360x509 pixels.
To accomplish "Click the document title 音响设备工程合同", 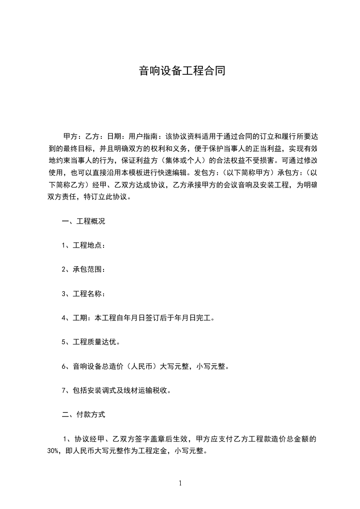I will click(x=182, y=71).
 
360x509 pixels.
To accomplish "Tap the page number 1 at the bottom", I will click(x=180, y=483).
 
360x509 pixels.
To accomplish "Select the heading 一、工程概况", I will click(x=84, y=222).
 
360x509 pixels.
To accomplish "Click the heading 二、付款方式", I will click(x=84, y=414).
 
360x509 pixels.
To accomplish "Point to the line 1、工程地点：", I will click(x=84, y=246).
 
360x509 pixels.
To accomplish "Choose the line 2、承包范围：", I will click(x=84, y=270).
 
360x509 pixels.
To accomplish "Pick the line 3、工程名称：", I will click(x=84, y=294).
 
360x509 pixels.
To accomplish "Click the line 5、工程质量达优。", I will click(x=91, y=342).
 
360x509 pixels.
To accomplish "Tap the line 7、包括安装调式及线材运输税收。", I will click(x=116, y=390).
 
